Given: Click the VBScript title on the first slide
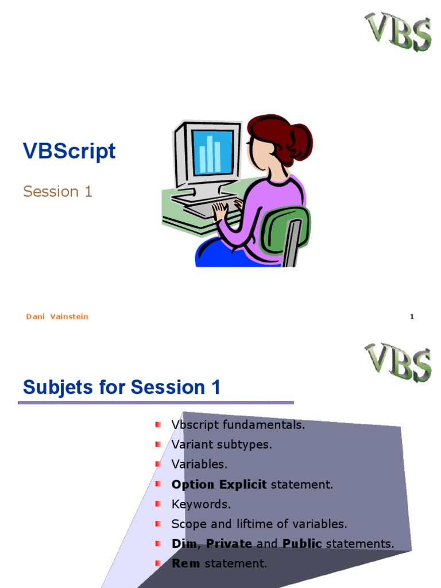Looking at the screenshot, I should [69, 151].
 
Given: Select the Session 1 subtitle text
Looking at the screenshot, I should [57, 191].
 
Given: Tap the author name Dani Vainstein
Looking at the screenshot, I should [57, 316].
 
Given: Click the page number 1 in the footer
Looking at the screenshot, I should [412, 317].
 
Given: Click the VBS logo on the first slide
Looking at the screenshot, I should [398, 32].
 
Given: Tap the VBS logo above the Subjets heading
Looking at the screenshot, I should [398, 362].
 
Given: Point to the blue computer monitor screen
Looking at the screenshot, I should [212, 152].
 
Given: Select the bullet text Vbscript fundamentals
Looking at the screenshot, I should [238, 425].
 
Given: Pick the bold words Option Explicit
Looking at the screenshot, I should [219, 484].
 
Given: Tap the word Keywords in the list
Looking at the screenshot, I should [201, 504].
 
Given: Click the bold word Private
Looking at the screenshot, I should [229, 544].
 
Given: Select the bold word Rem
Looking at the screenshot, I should [185, 563].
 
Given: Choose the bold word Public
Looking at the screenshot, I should [302, 544].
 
